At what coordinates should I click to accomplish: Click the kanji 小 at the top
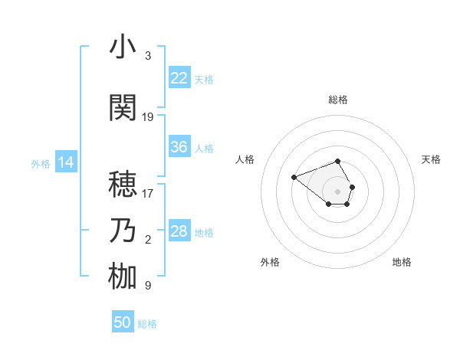123,47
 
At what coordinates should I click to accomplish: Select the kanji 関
123,108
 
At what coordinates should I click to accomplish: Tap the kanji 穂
123,184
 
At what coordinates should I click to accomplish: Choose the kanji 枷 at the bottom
123,277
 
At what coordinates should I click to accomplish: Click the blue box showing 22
179,78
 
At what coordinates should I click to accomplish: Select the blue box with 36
179,147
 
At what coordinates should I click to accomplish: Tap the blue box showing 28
179,231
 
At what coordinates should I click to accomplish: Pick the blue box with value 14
66,162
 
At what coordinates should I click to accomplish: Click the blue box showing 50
123,322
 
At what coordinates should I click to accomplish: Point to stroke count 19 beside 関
148,117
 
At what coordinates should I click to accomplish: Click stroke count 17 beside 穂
148,194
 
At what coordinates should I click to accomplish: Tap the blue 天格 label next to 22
204,79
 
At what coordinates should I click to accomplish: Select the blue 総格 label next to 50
147,324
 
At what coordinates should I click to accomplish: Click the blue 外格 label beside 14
41,163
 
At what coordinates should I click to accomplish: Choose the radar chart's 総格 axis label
338,100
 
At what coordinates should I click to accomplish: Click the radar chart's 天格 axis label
432,159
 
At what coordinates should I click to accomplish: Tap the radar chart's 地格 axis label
402,263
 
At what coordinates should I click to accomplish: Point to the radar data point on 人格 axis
294,177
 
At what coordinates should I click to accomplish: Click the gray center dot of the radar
338,191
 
